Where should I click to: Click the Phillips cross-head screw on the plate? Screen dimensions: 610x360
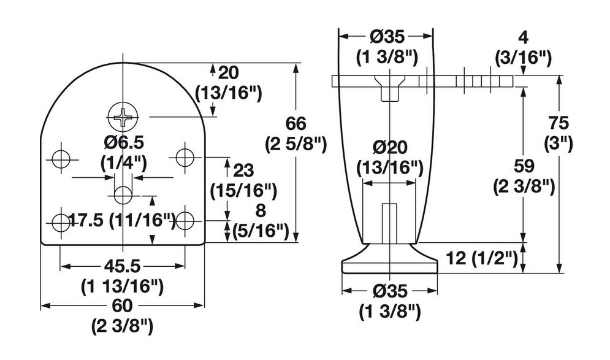click(123, 117)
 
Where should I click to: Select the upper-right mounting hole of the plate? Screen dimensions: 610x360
click(185, 157)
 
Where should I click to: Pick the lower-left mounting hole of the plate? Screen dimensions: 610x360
click(61, 222)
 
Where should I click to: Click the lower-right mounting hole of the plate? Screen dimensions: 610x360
click(185, 221)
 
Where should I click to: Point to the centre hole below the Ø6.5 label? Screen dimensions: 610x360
click(123, 194)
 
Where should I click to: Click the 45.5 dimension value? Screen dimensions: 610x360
click(122, 266)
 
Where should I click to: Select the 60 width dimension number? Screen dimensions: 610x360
click(122, 305)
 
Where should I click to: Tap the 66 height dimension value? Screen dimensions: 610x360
click(296, 124)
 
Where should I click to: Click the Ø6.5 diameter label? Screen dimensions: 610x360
click(124, 142)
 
